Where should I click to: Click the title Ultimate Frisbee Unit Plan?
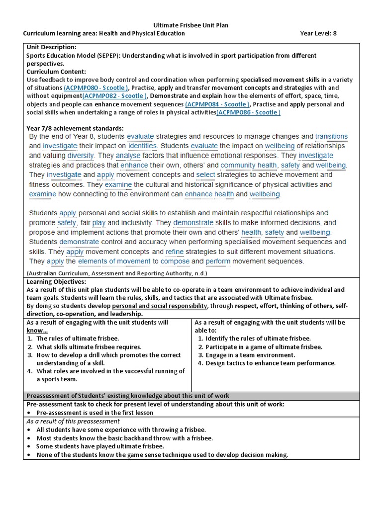pos(191,25)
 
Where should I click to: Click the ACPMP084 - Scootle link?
pos(217,104)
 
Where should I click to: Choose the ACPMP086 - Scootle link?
pos(248,112)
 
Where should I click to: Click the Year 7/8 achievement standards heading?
pos(75,128)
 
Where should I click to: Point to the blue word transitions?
pos(331,136)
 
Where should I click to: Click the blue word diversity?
pos(80,156)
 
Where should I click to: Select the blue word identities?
pos(142,146)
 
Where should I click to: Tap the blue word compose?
pos(175,261)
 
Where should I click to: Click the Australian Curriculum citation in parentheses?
pos(116,273)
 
